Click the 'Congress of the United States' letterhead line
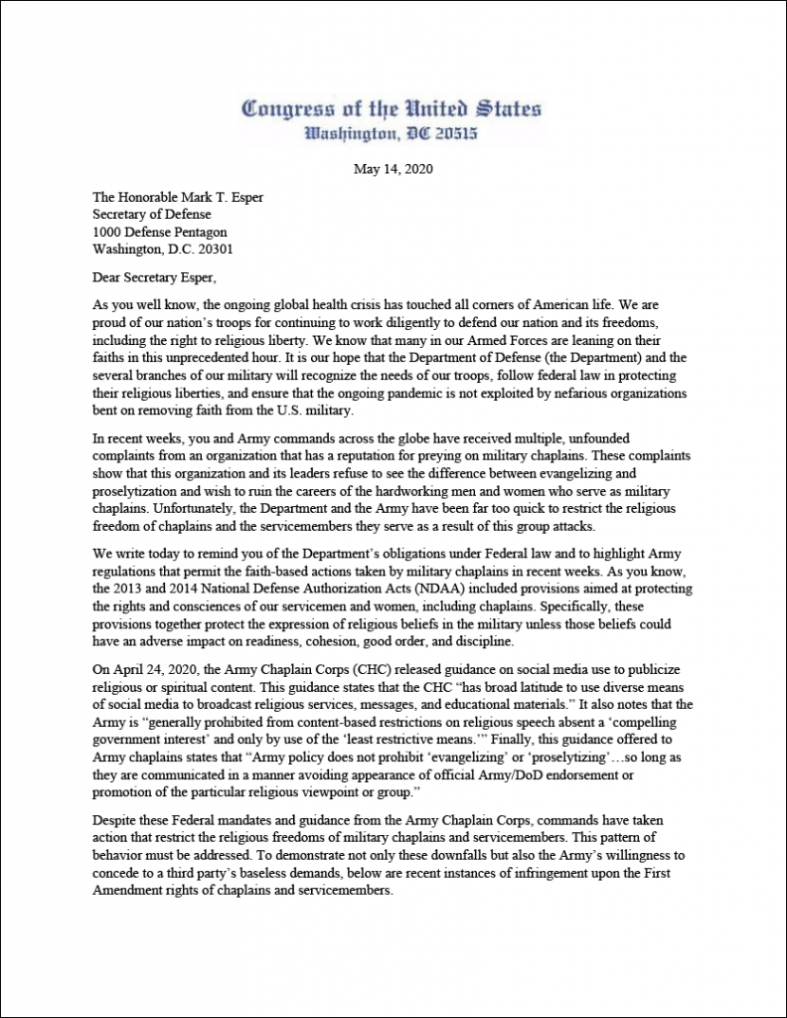click(x=392, y=109)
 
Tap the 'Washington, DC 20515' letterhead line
click(x=392, y=132)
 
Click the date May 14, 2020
click(x=393, y=169)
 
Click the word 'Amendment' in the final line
click(x=129, y=891)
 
